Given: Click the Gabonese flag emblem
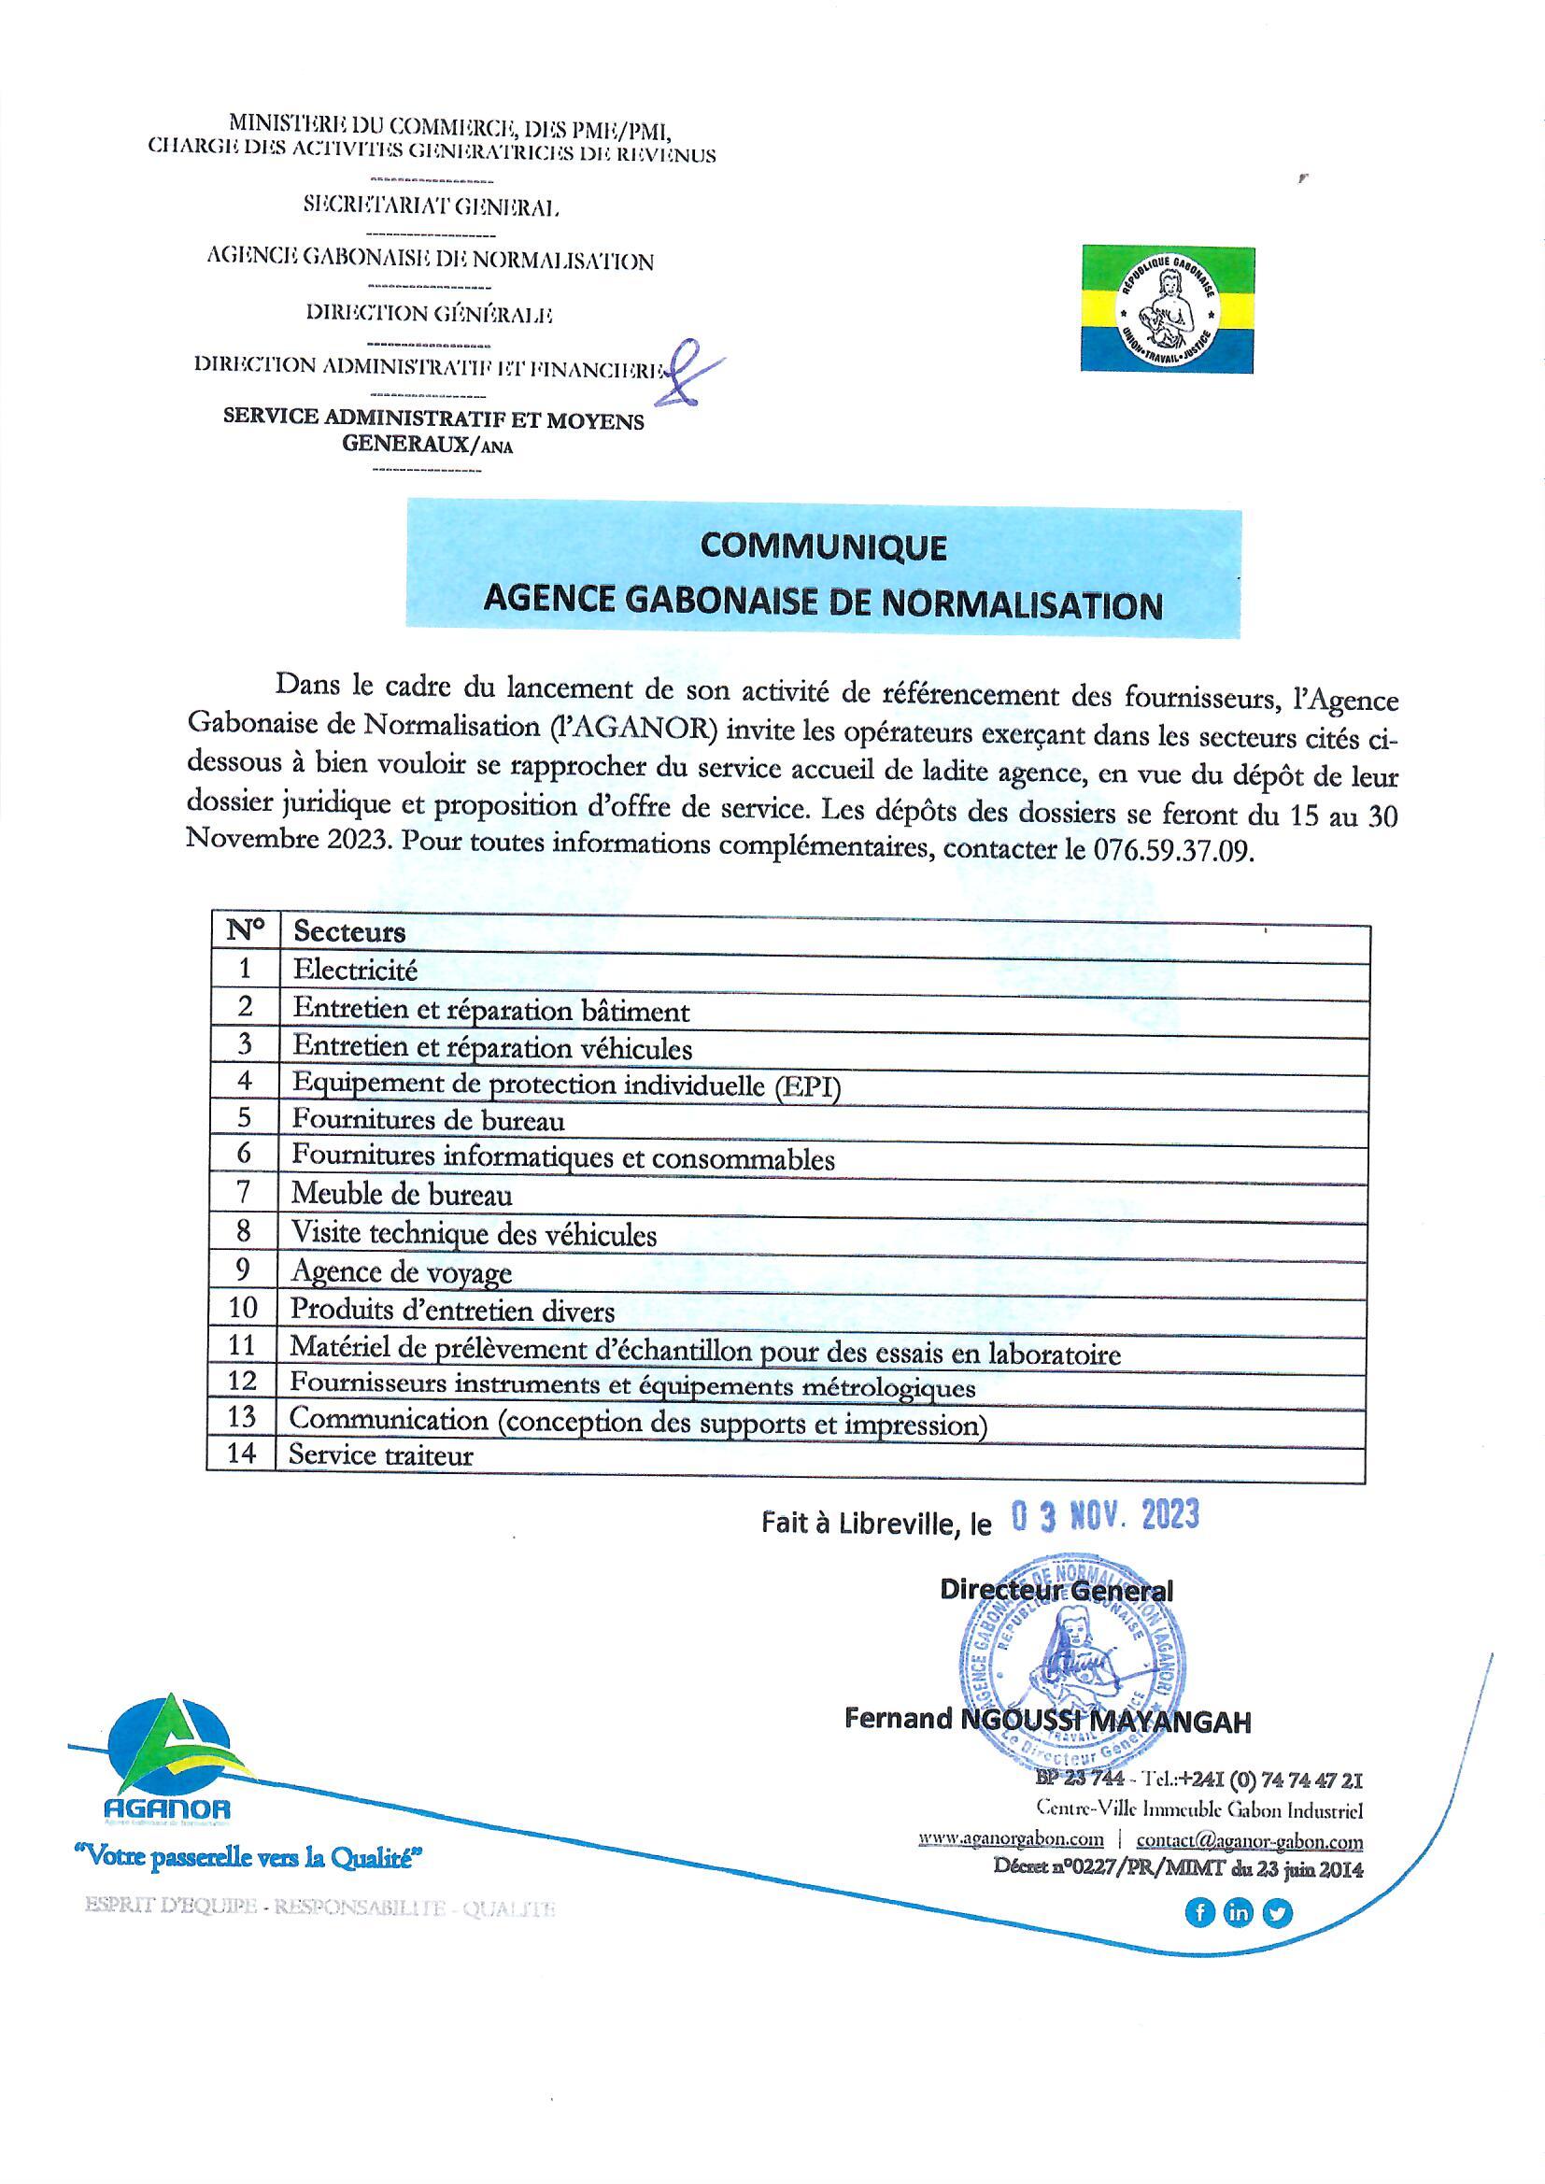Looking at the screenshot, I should tap(1168, 309).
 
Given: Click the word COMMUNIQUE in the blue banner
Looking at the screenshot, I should tap(823, 547).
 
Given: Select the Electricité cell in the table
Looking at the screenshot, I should tap(355, 971).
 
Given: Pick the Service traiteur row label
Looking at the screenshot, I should tap(380, 1455).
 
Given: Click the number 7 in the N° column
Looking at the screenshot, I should tap(244, 1194).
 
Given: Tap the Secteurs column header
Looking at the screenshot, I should tap(349, 931).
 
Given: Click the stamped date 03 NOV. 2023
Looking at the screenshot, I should tap(1103, 1515).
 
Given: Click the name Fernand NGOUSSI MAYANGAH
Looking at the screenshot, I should tap(1047, 1720).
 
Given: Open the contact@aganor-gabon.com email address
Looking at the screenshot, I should tap(1249, 1840).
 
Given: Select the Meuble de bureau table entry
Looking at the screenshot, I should tap(402, 1195).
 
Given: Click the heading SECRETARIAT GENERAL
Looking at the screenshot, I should tap(431, 206).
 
